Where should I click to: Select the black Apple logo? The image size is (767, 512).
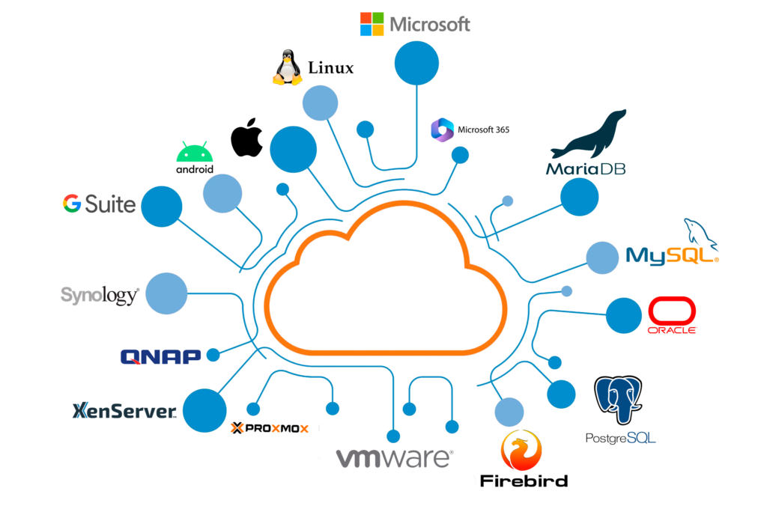pyautogui.click(x=246, y=137)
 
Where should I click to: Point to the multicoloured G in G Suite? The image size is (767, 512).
pyautogui.click(x=72, y=203)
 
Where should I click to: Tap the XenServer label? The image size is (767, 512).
pyautogui.click(x=124, y=411)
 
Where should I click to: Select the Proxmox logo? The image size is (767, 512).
pyautogui.click(x=269, y=428)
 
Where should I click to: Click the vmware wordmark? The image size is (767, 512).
pyautogui.click(x=394, y=458)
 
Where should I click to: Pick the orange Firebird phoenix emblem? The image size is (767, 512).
pyautogui.click(x=521, y=451)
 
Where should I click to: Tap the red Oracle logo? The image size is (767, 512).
pyautogui.click(x=673, y=315)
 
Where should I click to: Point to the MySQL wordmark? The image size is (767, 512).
pyautogui.click(x=672, y=255)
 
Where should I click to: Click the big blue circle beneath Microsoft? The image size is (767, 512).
pyautogui.click(x=416, y=62)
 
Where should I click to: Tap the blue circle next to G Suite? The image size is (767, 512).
pyautogui.click(x=162, y=207)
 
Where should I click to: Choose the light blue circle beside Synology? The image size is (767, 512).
pyautogui.click(x=166, y=293)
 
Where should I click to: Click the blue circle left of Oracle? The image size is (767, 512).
pyautogui.click(x=623, y=315)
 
